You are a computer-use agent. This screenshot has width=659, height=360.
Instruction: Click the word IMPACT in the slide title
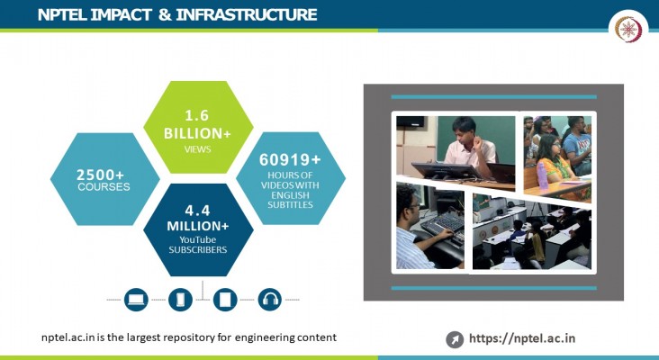(121, 14)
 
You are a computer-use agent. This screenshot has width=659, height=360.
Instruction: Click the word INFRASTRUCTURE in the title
(247, 14)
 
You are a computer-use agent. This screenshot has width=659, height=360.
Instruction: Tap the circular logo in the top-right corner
(628, 29)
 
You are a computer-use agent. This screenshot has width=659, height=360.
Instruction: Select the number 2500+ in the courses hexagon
(100, 175)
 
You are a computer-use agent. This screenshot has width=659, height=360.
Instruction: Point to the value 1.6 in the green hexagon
(197, 115)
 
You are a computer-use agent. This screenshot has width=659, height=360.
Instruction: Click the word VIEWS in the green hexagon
(197, 149)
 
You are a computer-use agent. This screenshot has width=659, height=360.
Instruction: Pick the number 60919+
(290, 159)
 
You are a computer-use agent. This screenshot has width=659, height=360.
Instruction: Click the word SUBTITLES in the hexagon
(290, 205)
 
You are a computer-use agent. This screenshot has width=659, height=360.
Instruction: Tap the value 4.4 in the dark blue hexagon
(197, 210)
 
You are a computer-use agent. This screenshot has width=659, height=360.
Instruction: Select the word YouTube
(197, 240)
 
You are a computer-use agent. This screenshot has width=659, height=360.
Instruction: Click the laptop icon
(136, 300)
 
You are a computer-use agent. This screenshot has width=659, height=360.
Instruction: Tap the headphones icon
(270, 300)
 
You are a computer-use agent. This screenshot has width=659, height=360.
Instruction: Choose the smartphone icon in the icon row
(180, 300)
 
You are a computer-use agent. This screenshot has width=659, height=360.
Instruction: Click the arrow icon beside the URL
(455, 339)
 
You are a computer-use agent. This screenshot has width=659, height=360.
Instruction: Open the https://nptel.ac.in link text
(522, 338)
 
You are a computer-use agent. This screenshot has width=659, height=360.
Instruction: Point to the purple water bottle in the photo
(543, 175)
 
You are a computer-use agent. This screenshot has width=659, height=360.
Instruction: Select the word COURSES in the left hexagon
(104, 187)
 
